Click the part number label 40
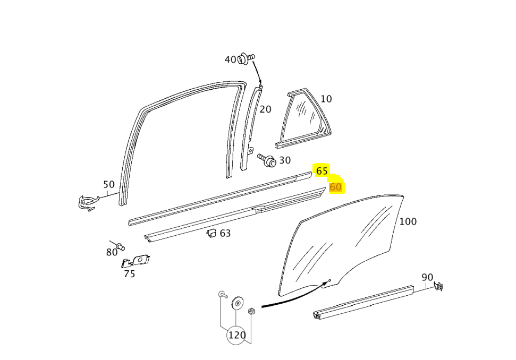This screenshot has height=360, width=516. [230, 59]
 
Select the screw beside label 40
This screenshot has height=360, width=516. [247, 58]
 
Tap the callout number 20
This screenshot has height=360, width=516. [266, 109]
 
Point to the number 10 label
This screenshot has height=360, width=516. [326, 99]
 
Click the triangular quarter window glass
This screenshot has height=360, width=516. [303, 119]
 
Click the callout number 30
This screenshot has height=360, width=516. [285, 160]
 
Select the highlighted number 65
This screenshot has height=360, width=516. [322, 171]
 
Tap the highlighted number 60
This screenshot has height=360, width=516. [335, 187]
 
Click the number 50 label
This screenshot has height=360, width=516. [109, 184]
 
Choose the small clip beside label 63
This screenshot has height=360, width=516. [212, 233]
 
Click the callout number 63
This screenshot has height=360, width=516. [225, 234]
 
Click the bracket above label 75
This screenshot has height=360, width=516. [136, 261]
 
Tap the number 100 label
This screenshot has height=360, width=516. [408, 221]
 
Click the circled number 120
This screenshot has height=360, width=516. [236, 336]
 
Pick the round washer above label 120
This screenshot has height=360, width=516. [238, 303]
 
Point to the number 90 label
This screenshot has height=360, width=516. [427, 278]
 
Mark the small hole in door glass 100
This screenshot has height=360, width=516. [329, 280]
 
